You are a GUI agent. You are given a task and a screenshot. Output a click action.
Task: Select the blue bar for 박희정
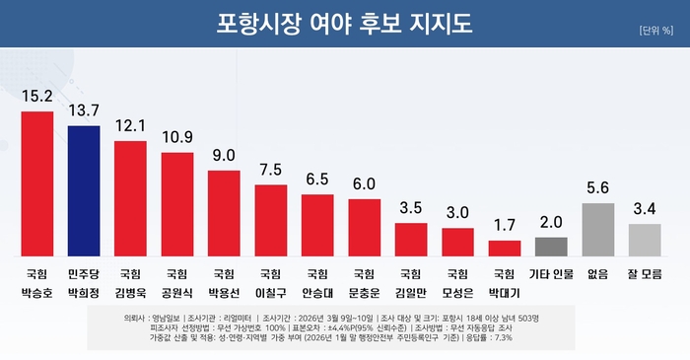click(x=84, y=190)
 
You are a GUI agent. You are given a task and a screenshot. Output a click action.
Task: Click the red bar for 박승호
click(x=37, y=183)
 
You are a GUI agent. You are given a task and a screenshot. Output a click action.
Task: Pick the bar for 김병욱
click(x=131, y=198)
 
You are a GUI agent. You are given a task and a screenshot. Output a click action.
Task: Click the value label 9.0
click(x=224, y=155)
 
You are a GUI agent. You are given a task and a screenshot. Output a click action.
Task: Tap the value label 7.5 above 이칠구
click(x=270, y=169)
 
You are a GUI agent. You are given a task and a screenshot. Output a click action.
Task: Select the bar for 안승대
click(x=317, y=225)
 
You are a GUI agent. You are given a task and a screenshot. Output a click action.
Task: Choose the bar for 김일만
click(x=410, y=239)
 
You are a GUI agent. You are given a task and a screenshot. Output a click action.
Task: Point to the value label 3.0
click(x=457, y=212)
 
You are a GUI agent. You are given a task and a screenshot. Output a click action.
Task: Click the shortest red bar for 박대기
click(x=504, y=248)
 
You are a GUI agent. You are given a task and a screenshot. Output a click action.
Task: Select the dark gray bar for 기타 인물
click(x=550, y=246)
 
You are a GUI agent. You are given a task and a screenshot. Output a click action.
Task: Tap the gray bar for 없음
click(x=597, y=229)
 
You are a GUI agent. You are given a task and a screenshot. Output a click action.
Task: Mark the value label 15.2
click(x=37, y=96)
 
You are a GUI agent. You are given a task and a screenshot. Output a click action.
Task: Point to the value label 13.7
click(x=84, y=110)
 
